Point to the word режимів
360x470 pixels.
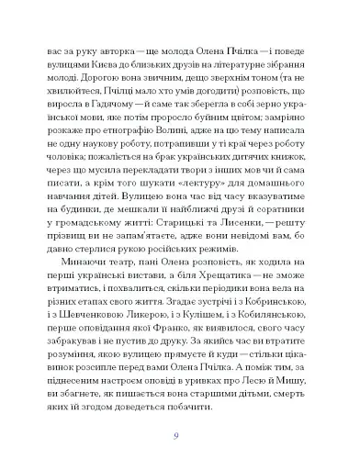(x=280, y=239)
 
